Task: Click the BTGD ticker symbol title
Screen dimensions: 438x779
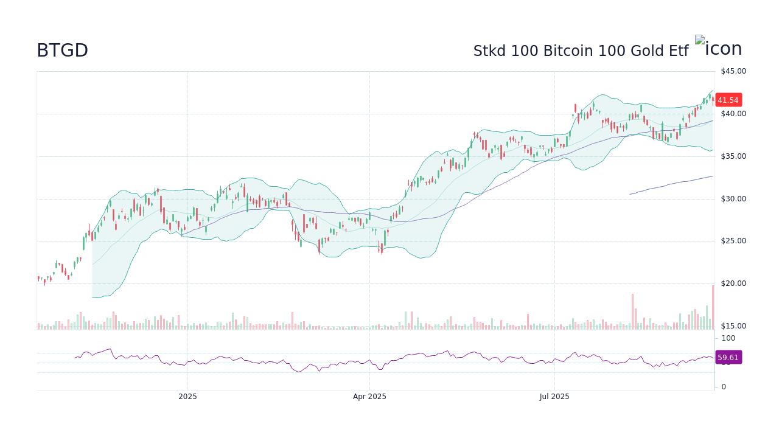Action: pyautogui.click(x=62, y=50)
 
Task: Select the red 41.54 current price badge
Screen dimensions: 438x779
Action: pyautogui.click(x=728, y=100)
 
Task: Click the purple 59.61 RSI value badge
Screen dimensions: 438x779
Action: pyautogui.click(x=728, y=358)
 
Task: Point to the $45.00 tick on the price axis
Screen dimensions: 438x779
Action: pyautogui.click(x=733, y=71)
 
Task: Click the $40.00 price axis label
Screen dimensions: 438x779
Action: pyautogui.click(x=733, y=114)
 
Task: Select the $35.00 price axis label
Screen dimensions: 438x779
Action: pyautogui.click(x=733, y=156)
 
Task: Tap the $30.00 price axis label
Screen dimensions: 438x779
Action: pyautogui.click(x=733, y=199)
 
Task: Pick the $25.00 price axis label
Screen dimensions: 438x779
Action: pyautogui.click(x=733, y=241)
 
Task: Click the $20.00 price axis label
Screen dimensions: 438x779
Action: pyautogui.click(x=733, y=283)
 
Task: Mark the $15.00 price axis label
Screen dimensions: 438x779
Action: pyautogui.click(x=733, y=326)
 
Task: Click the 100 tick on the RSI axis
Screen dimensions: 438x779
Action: pyautogui.click(x=728, y=338)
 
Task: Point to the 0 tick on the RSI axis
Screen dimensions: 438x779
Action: pyautogui.click(x=724, y=387)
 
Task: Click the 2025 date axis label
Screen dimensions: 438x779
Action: pyautogui.click(x=187, y=397)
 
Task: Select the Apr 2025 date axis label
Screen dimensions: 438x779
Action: pyautogui.click(x=369, y=397)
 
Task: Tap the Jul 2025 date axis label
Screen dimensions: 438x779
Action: pyautogui.click(x=554, y=397)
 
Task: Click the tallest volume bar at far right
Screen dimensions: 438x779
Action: pyautogui.click(x=713, y=307)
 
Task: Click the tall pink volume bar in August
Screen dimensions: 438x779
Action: pyautogui.click(x=632, y=311)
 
